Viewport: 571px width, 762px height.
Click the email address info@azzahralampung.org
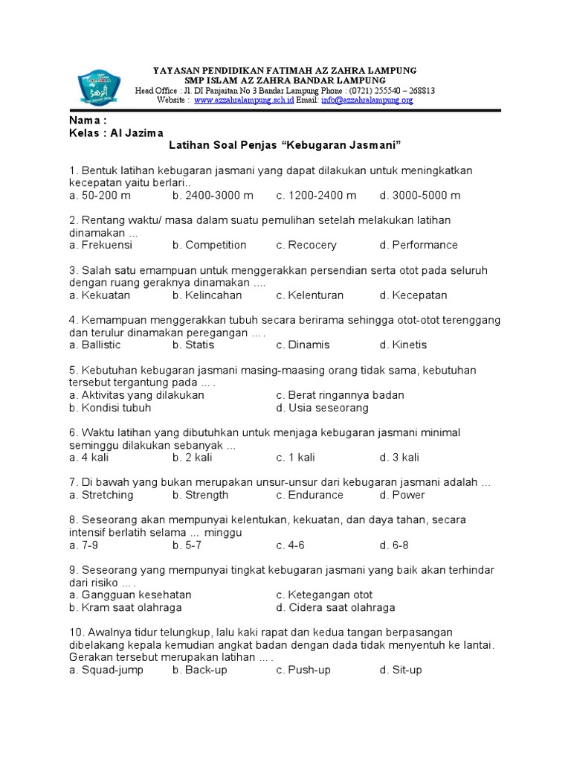pos(365,100)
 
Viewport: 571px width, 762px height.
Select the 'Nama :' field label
pos(88,120)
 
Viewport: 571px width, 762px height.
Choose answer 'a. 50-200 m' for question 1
pos(100,195)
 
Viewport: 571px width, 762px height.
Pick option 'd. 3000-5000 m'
pos(420,195)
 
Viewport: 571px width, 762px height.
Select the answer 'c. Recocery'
pos(306,245)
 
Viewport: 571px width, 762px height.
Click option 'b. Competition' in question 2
pos(209,245)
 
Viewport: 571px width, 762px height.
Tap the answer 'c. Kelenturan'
pos(310,295)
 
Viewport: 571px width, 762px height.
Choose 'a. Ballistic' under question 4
pos(94,345)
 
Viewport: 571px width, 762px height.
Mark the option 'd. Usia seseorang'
pos(322,408)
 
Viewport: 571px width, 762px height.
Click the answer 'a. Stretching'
pos(101,495)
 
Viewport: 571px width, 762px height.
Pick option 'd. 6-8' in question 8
pos(394,545)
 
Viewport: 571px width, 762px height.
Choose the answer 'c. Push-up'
pos(303,670)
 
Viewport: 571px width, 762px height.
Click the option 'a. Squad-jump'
pos(106,670)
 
